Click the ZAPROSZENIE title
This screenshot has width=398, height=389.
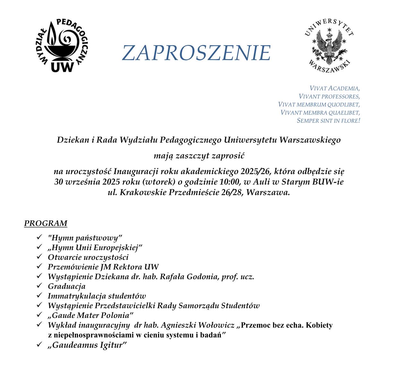[x=196, y=53]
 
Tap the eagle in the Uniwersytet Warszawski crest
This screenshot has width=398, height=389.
[x=329, y=45]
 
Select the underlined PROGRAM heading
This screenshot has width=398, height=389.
[x=46, y=223]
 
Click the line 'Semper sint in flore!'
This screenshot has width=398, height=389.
[x=328, y=120]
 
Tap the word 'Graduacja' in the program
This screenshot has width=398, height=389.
[x=66, y=286]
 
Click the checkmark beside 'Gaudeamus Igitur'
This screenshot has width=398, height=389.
[x=39, y=344]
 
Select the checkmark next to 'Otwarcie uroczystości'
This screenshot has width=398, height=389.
[x=39, y=257]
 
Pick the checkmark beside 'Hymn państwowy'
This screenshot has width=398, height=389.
[x=39, y=237]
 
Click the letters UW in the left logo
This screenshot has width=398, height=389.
[x=62, y=66]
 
